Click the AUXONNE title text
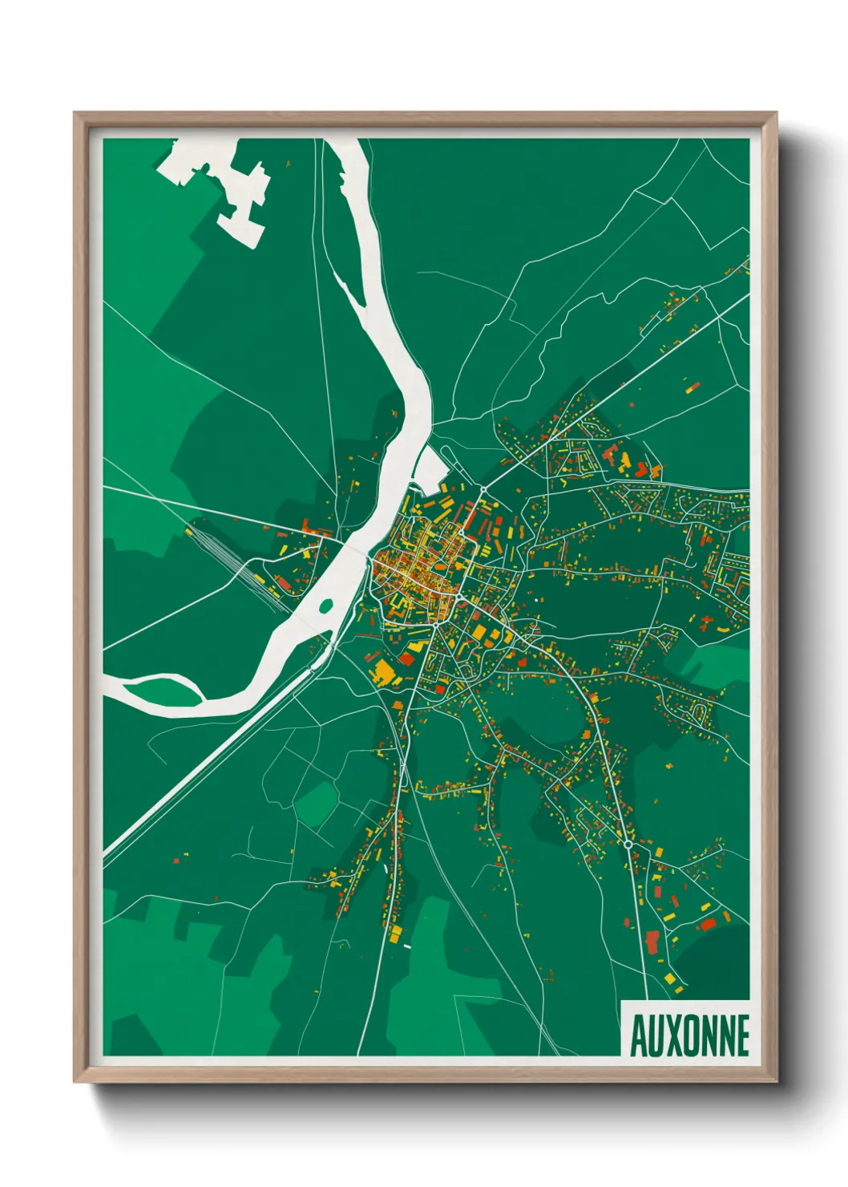click(689, 1035)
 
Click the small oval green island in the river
click(326, 605)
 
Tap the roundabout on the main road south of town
click(628, 845)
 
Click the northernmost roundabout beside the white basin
click(483, 488)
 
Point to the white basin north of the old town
click(432, 470)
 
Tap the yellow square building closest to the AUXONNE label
click(670, 978)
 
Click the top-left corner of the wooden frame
click(75, 113)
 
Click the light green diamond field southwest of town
click(317, 802)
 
